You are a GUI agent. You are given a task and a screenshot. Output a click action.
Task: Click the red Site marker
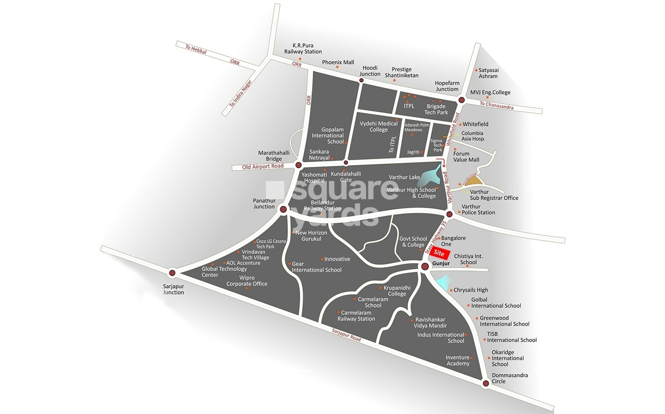pos(439,254)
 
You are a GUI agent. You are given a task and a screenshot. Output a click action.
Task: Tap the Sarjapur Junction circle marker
pos(172,273)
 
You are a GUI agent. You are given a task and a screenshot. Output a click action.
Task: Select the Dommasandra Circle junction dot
pos(485,384)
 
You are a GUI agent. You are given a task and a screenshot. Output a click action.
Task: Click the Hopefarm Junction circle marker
pos(461,100)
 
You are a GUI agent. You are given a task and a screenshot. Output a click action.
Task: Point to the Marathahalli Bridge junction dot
pos(298,165)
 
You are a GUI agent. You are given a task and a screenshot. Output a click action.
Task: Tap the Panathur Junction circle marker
pos(283,209)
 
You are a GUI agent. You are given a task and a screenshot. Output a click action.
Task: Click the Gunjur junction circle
pos(424,267)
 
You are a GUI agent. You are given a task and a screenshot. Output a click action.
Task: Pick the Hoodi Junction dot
pos(361,81)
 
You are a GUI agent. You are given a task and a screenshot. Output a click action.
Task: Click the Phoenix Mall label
pos(338,62)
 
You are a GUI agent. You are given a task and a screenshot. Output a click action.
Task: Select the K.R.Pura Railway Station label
pos(303,48)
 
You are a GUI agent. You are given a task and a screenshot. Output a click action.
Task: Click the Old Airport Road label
pos(263,166)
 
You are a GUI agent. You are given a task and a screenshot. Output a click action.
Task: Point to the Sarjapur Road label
pos(346,336)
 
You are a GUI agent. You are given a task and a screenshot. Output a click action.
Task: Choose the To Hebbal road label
pos(196,49)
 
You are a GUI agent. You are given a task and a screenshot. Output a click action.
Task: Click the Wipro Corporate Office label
pos(247,281)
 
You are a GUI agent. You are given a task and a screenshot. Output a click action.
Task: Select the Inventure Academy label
pos(457,360)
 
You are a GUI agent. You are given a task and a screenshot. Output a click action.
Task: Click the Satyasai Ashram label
pos(488,73)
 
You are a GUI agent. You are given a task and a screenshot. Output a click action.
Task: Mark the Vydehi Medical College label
pos(379,126)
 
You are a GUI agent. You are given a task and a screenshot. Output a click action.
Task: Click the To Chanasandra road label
pos(496,106)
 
